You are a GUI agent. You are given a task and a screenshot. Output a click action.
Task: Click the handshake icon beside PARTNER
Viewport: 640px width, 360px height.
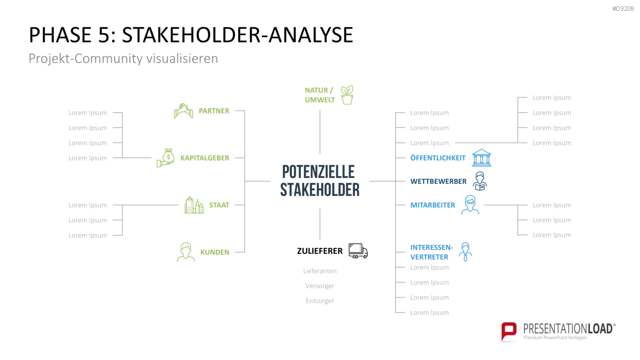[x=183, y=111]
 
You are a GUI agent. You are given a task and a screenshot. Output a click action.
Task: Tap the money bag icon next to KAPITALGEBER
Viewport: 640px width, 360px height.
[x=166, y=158]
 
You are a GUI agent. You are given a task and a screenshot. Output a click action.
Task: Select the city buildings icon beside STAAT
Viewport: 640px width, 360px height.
[x=194, y=205]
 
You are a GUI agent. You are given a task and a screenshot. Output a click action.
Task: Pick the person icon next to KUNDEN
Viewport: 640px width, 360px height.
[x=186, y=252]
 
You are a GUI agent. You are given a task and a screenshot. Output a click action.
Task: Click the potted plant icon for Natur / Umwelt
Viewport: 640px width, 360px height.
[x=347, y=95]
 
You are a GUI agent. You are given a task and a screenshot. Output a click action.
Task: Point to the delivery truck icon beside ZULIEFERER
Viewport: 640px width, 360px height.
[x=358, y=251]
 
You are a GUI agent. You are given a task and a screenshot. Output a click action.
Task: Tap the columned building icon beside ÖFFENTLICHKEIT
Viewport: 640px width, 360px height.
[x=481, y=158]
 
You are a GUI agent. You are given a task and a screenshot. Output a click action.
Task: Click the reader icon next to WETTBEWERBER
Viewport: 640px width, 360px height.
[x=480, y=181]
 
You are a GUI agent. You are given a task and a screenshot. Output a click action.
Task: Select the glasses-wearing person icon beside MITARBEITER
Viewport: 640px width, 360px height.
[x=470, y=205]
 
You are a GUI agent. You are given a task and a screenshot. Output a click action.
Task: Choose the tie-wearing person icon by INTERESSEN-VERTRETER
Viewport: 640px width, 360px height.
[x=465, y=252]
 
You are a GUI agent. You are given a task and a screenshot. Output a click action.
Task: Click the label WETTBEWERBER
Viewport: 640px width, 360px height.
[x=438, y=181]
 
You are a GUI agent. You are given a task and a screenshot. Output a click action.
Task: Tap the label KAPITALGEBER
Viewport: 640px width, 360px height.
[x=204, y=158]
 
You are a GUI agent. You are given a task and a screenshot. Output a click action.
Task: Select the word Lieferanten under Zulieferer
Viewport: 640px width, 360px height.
[x=320, y=271]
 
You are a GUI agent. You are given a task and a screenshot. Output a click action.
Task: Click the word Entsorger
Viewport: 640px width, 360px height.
[x=320, y=301]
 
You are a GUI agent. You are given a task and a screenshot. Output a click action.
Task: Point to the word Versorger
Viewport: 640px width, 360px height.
[x=320, y=286]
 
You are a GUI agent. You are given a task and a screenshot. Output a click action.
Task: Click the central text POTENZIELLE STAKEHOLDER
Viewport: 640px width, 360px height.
[x=320, y=181]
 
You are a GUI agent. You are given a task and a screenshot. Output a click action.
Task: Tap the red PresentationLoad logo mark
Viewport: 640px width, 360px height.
[x=509, y=331]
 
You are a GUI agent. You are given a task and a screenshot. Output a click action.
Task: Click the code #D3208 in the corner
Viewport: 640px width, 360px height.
[x=623, y=9]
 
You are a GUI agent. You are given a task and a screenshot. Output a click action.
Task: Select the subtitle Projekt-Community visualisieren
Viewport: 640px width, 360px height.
[x=123, y=58]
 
